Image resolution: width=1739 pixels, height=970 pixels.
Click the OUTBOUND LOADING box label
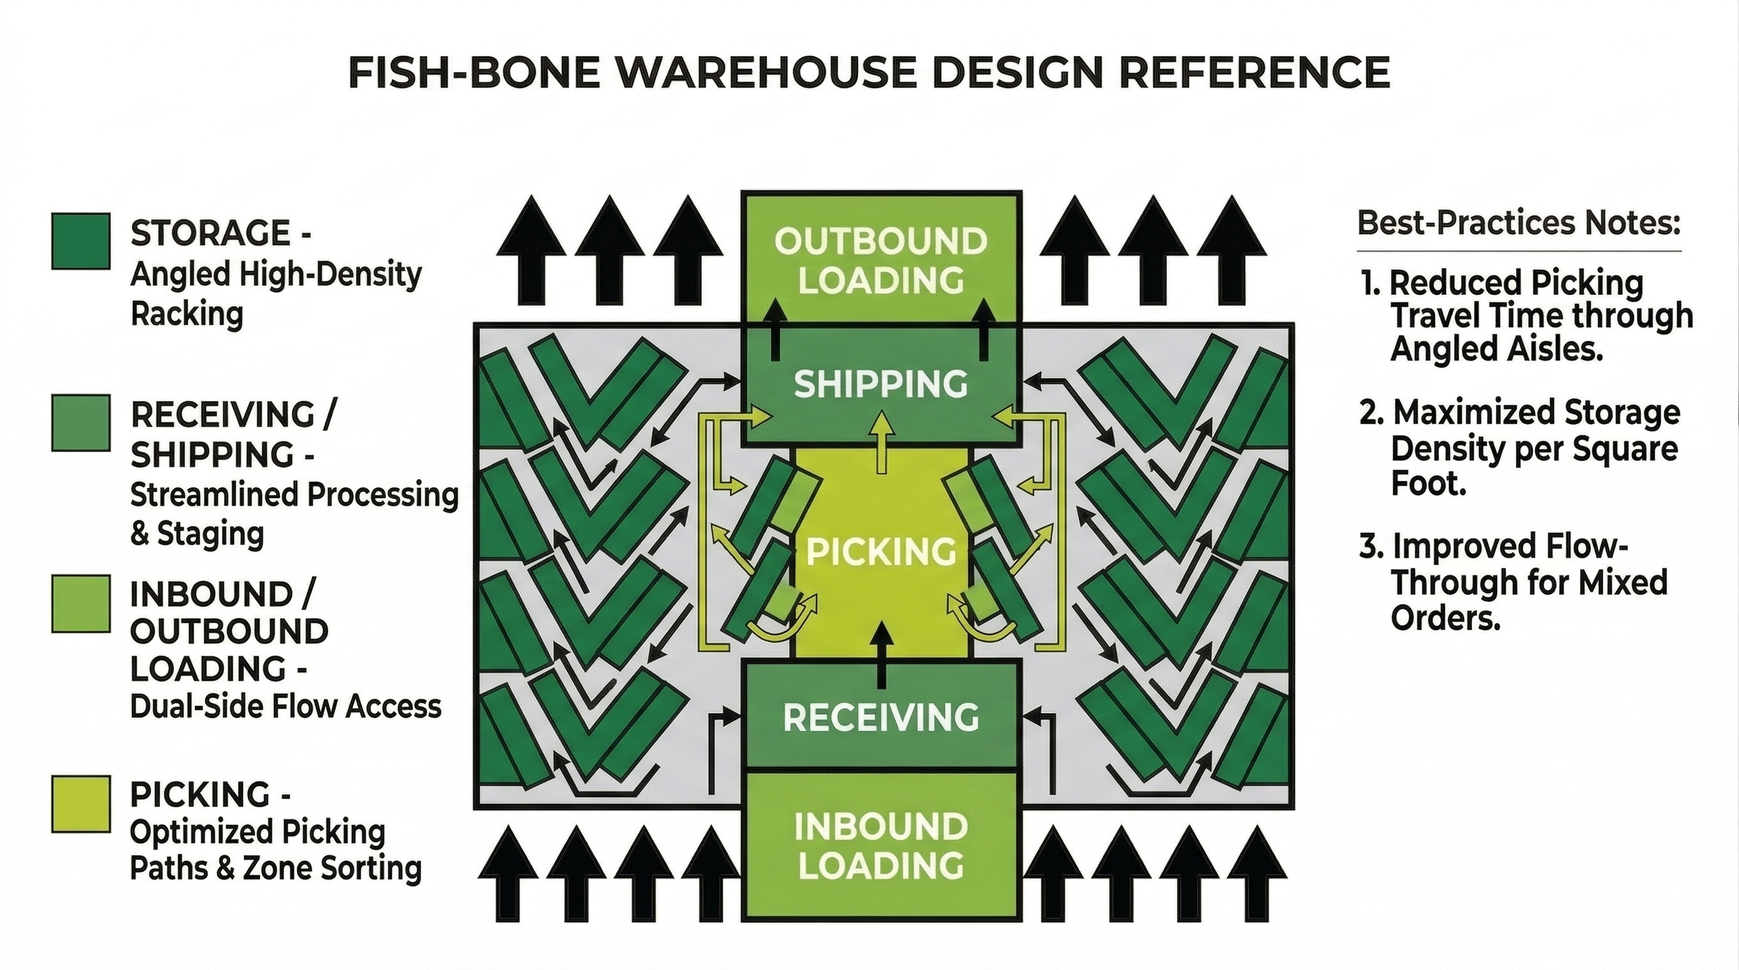880,261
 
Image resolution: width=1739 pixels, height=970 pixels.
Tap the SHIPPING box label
880,384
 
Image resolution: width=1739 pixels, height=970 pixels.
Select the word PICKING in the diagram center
881,551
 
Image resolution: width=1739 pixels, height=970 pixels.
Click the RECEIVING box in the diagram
880,716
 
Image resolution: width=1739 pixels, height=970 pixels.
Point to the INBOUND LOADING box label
880,846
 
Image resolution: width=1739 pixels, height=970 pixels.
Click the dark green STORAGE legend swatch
81,241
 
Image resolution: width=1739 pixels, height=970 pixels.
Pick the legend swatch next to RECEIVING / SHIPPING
81,422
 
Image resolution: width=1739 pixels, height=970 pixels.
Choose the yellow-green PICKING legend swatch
81,803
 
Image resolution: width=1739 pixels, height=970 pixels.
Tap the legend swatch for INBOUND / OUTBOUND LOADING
81,604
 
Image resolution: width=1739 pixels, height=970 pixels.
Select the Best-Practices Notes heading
1518,223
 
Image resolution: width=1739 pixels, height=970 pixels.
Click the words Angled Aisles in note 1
1496,349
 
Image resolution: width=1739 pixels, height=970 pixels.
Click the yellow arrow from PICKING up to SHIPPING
880,442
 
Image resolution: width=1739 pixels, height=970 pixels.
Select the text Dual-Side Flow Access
285,706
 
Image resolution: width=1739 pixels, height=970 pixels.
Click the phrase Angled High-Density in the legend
275,274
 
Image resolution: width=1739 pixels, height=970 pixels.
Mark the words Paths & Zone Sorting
275,868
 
